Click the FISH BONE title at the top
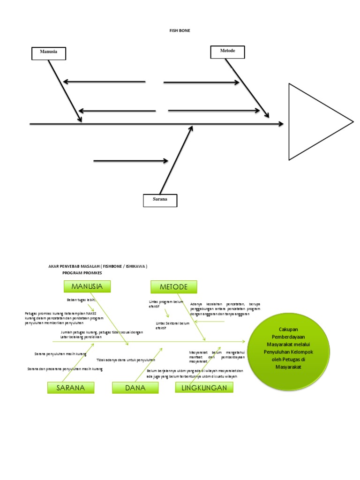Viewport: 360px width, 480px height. click(180, 30)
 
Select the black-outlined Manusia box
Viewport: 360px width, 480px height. click(49, 53)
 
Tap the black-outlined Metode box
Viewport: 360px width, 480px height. click(228, 51)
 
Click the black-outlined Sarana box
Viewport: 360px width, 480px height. click(160, 200)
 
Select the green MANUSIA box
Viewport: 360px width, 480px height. click(87, 286)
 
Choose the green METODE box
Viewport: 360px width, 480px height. click(173, 286)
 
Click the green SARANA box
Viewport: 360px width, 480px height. click(71, 388)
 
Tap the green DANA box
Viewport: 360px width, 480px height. click(135, 388)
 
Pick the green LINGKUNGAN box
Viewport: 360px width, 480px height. click(204, 387)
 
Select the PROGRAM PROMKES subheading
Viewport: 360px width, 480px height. click(82, 272)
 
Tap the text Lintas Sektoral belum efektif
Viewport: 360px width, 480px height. click(172, 326)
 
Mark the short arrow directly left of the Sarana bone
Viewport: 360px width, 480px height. click(131, 161)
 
